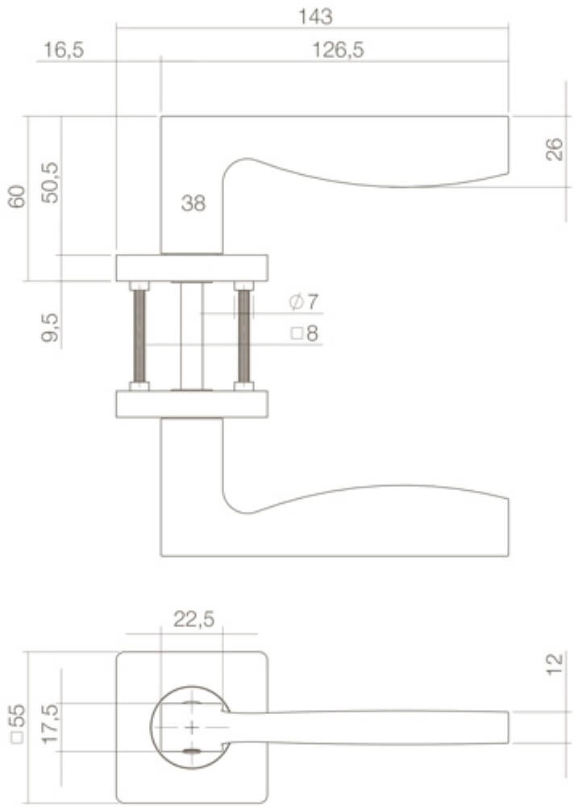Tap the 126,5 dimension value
[x=339, y=50]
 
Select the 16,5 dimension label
[x=64, y=50]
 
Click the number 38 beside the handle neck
[x=193, y=204]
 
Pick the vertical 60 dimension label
[x=18, y=197]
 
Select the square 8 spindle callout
[x=305, y=333]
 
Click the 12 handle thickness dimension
[x=554, y=665]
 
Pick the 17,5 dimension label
[x=50, y=727]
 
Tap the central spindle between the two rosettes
[x=192, y=335]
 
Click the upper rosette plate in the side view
[x=192, y=268]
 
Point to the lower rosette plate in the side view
[x=192, y=404]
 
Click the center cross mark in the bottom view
[x=192, y=729]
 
